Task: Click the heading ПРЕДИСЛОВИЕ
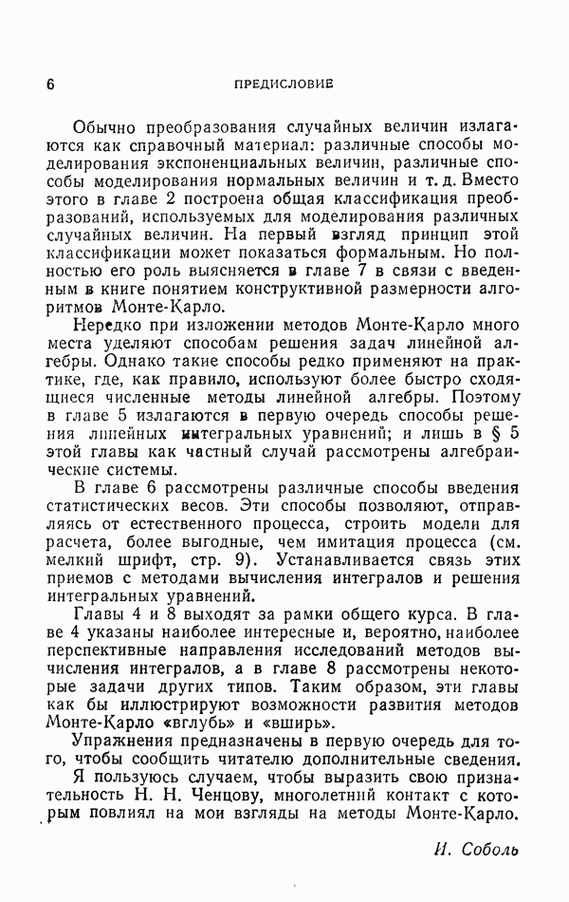(x=284, y=84)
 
